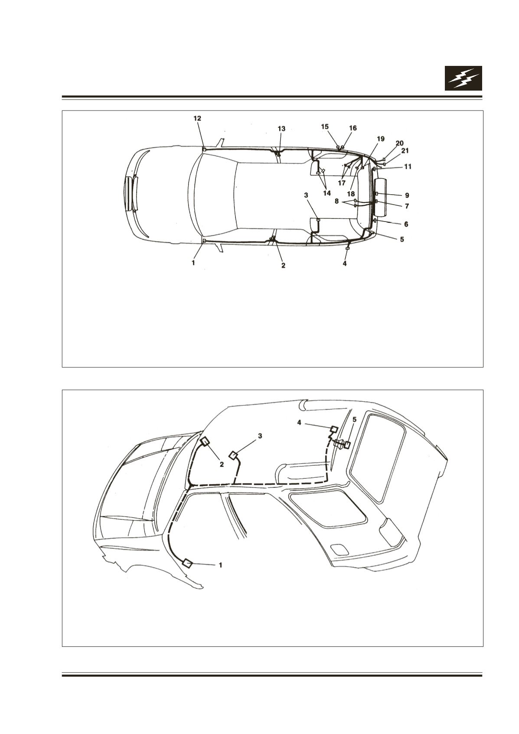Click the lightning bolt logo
click(464, 78)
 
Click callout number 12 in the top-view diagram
click(197, 118)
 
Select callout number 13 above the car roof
click(281, 129)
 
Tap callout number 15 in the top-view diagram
click(325, 127)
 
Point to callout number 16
click(353, 128)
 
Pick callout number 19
click(380, 139)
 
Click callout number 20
click(399, 143)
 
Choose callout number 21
click(405, 151)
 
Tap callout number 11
click(408, 167)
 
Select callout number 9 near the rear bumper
click(407, 195)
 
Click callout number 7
click(407, 206)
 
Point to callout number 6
click(406, 224)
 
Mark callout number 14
click(326, 193)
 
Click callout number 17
click(341, 183)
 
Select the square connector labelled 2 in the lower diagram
click(206, 442)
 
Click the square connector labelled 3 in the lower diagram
click(233, 455)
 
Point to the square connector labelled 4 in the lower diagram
click(334, 429)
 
